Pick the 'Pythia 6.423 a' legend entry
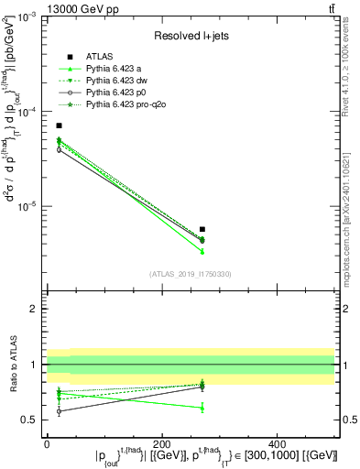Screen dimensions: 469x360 pyautogui.click(x=116, y=70)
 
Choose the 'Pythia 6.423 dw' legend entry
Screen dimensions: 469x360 pyautogui.click(x=119, y=82)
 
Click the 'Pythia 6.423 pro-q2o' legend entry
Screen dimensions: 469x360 pyautogui.click(x=127, y=105)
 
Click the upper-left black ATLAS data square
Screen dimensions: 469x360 pyautogui.click(x=59, y=125)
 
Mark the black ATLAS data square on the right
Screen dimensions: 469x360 pyautogui.click(x=202, y=229)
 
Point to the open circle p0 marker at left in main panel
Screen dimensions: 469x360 pyautogui.click(x=59, y=149)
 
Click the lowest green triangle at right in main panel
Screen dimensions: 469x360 pyautogui.click(x=202, y=251)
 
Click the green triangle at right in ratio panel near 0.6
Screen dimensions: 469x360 pyautogui.click(x=202, y=407)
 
